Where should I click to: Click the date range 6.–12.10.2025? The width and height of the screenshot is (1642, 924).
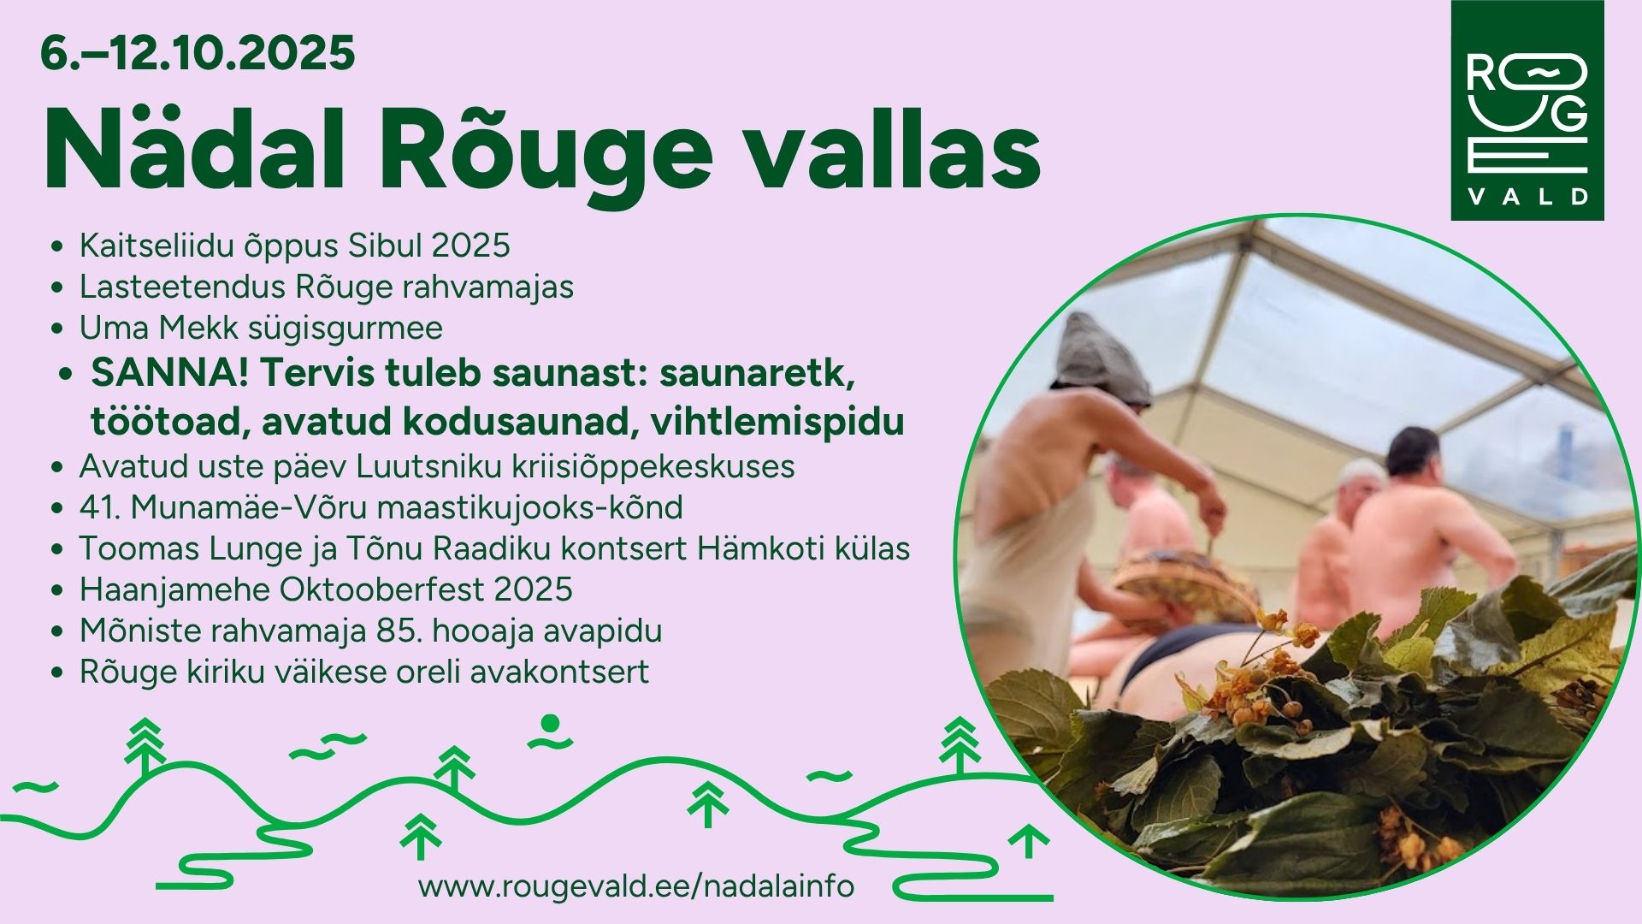[198, 54]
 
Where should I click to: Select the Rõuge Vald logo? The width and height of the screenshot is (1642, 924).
[1527, 110]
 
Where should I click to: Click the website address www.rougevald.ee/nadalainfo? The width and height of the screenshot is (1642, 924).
[636, 885]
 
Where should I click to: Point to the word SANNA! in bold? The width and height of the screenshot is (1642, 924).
[169, 373]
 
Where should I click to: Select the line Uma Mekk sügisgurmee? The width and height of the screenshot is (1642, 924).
[261, 328]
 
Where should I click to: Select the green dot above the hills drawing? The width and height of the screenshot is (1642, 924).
[551, 723]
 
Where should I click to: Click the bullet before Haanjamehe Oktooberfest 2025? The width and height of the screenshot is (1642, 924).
[57, 590]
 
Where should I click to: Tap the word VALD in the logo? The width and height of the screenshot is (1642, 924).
[1527, 197]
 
